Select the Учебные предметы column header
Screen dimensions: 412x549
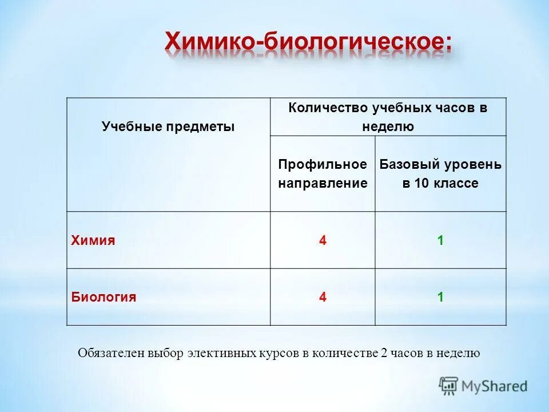click(x=168, y=126)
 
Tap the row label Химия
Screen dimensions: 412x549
click(x=93, y=240)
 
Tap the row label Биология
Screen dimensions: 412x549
click(x=104, y=297)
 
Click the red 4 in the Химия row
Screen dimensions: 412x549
click(x=323, y=240)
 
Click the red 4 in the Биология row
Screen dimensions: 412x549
click(x=323, y=297)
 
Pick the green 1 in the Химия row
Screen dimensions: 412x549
click(x=440, y=240)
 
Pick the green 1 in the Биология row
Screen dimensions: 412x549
click(x=440, y=297)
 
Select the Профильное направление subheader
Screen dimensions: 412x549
click(x=323, y=174)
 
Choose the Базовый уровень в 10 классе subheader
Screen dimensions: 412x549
click(x=440, y=174)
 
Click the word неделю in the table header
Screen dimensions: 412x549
click(x=388, y=127)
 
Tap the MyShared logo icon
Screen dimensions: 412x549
click(x=449, y=386)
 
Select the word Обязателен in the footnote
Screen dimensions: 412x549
click(x=111, y=353)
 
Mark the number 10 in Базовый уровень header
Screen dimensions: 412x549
click(x=421, y=184)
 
